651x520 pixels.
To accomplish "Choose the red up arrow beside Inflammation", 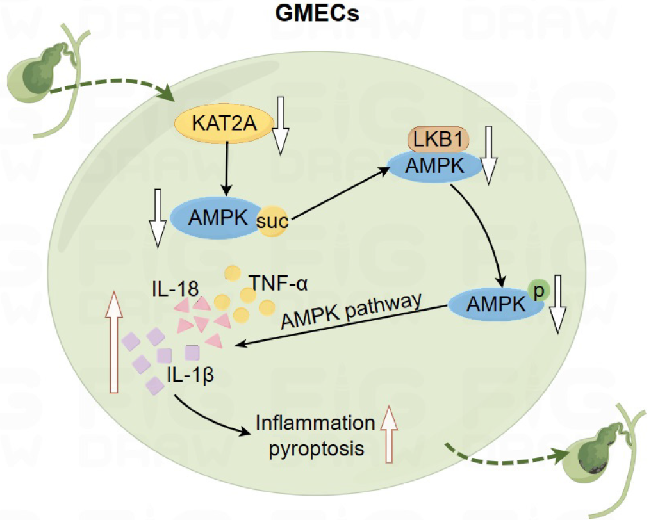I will (x=388, y=435).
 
